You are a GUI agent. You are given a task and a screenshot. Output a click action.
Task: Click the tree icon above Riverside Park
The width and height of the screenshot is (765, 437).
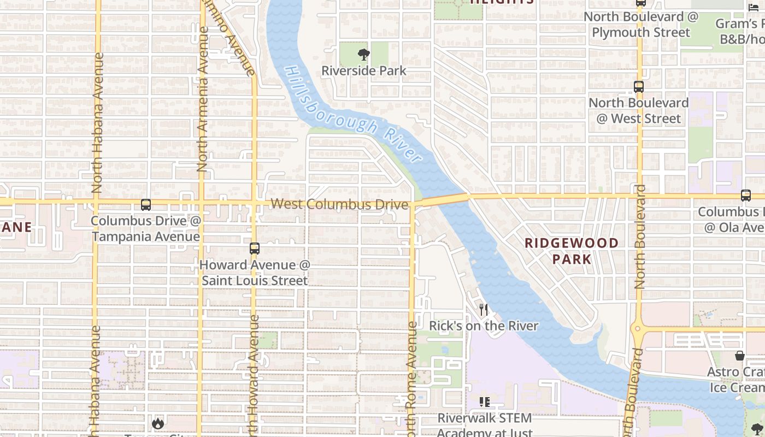tap(363, 55)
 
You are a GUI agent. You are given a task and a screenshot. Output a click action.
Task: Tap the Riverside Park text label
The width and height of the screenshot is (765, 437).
tap(363, 71)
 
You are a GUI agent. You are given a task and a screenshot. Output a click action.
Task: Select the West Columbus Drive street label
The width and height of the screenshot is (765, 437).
tap(339, 204)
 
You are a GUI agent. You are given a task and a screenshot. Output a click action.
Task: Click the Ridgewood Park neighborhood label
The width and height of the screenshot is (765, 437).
tap(572, 251)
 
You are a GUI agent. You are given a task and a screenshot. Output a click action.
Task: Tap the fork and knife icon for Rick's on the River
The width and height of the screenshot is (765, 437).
tap(483, 310)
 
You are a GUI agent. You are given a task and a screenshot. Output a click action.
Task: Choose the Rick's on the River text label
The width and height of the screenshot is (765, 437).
tap(483, 326)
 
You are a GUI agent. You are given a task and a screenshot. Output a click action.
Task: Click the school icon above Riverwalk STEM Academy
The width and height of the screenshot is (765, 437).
tap(484, 402)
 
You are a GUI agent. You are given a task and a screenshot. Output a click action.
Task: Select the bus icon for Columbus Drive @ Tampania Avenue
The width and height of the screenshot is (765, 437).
tap(146, 205)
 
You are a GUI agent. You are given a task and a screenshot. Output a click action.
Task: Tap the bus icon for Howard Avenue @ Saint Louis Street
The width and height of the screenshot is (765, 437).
tap(254, 249)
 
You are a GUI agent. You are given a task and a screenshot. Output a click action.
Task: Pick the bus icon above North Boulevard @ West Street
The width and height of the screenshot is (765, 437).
tap(638, 86)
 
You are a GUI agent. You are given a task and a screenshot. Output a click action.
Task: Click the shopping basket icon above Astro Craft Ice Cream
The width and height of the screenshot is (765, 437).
tap(740, 356)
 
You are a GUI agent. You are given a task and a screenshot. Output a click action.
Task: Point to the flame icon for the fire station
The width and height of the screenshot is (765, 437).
tap(158, 423)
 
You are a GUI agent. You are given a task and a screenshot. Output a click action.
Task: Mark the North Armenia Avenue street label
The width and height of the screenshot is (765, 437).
tap(202, 98)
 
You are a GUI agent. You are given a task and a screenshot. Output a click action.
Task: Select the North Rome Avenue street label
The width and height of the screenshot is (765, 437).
tap(411, 377)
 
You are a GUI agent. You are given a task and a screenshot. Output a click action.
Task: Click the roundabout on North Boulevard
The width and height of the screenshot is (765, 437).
tap(638, 329)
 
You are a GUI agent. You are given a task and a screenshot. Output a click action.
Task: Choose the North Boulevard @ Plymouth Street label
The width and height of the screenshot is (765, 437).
tap(641, 25)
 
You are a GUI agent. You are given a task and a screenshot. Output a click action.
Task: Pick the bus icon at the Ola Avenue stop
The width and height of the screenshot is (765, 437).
tap(745, 196)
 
